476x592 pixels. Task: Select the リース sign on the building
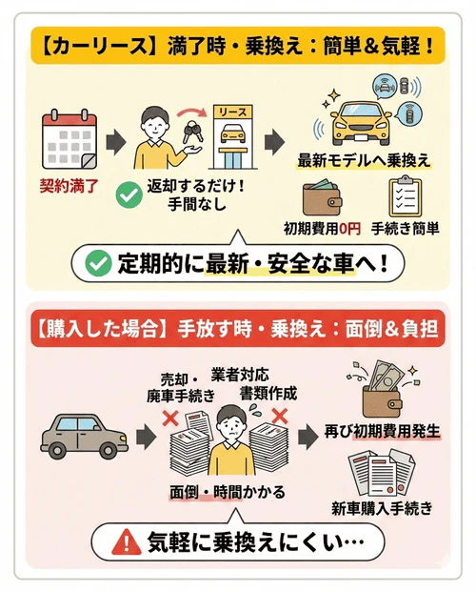(231, 112)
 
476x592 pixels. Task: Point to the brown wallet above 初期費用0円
(325, 198)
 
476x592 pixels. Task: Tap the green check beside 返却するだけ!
(128, 196)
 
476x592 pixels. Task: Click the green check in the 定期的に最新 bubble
(98, 263)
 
